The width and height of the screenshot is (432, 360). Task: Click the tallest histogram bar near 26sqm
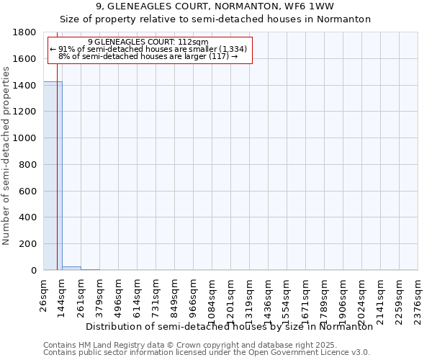coord(53,176)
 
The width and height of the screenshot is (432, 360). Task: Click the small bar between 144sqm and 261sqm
coord(71,268)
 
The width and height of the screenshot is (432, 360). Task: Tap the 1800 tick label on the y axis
coord(25,32)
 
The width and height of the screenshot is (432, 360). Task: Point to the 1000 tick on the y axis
coord(25,138)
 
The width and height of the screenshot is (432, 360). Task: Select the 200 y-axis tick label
coord(28,244)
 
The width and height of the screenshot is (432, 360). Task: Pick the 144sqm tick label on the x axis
coord(63,293)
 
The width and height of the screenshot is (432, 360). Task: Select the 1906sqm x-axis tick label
coord(343,295)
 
